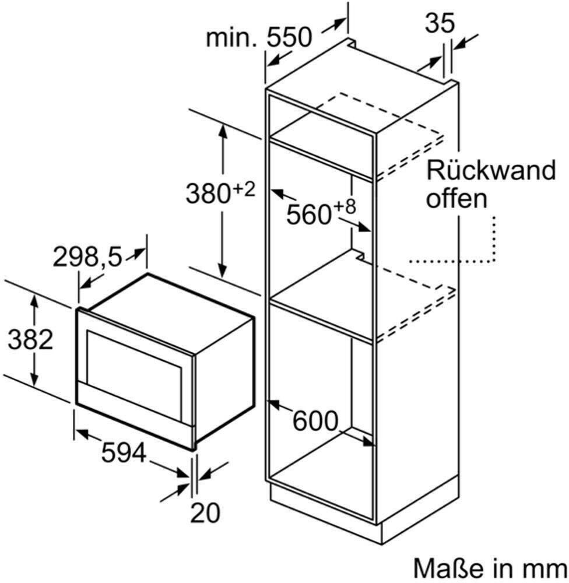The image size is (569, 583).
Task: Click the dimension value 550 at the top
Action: pos(289,37)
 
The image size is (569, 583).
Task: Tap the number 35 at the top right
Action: pos(440,23)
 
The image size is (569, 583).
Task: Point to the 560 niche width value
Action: pos(308,214)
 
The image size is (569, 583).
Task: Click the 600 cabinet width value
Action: pos(315,421)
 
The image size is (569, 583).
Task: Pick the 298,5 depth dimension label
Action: pos(87,257)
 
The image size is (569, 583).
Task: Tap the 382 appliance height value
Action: pos(30,339)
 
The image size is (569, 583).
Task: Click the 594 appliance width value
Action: pos(124,452)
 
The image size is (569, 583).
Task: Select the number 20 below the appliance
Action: pos(205,512)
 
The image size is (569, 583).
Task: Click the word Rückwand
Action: pos(490,170)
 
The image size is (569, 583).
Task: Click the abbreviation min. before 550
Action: pos(231,37)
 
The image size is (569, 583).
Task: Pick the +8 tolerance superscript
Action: pos(344,207)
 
